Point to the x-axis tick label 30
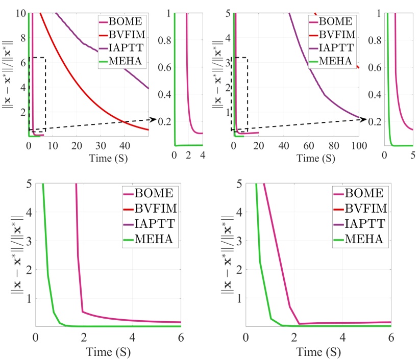[x=101, y=146]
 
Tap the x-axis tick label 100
[x=359, y=146]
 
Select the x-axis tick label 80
[x=334, y=146]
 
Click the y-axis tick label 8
[x=21, y=37]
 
